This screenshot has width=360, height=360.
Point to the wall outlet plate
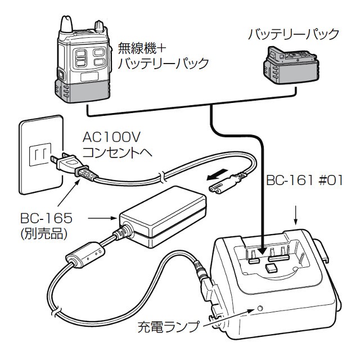39,152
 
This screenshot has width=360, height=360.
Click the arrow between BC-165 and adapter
103,215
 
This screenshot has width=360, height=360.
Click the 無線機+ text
141,46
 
